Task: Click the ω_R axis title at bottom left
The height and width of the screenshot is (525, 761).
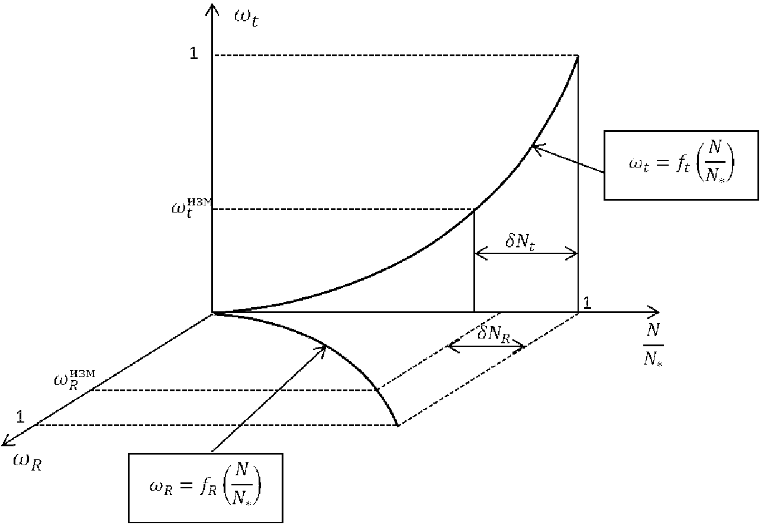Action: point(27,462)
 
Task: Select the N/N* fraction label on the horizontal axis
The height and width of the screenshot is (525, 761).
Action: point(653,353)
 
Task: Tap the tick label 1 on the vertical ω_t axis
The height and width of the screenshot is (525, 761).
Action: point(193,54)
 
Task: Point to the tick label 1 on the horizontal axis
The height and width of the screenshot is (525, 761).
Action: point(587,303)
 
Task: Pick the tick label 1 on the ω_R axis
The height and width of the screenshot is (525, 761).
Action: point(20,417)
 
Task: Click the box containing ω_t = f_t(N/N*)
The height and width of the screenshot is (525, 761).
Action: point(681,166)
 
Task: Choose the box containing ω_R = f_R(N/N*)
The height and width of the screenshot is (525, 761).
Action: point(205,488)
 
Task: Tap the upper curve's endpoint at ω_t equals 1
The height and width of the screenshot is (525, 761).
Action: point(577,56)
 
